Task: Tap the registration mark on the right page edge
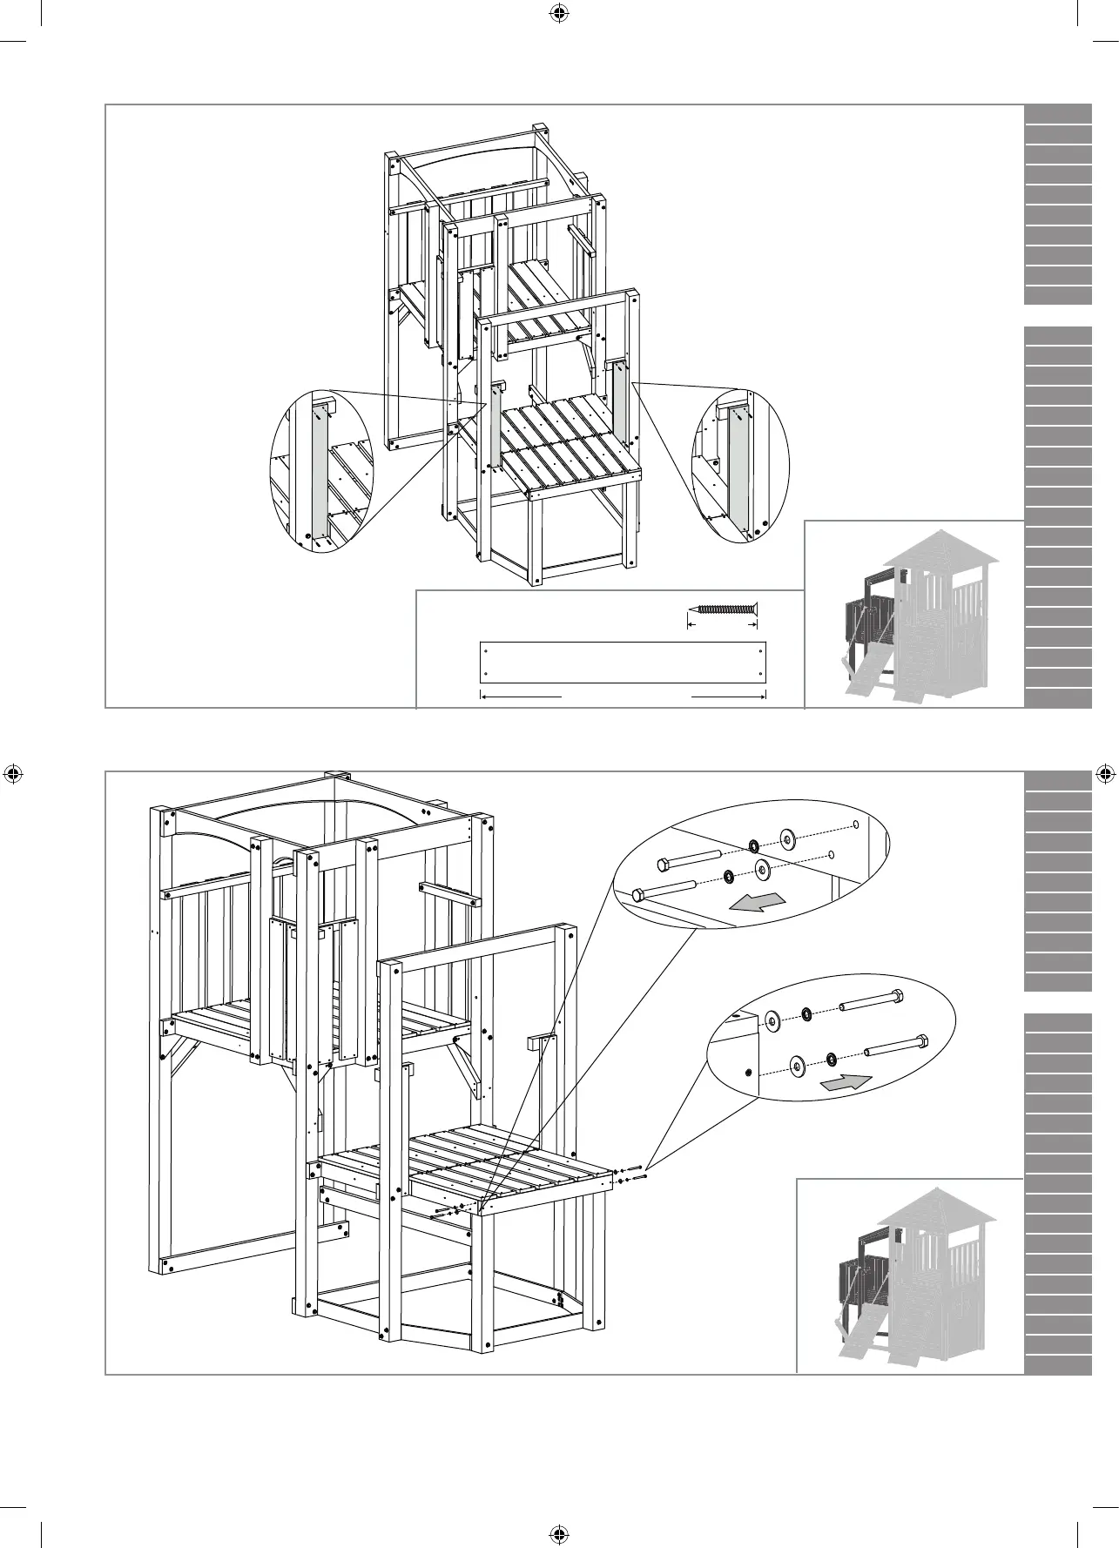coord(1103,773)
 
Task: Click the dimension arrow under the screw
coord(723,624)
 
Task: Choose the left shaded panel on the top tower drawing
coord(494,426)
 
